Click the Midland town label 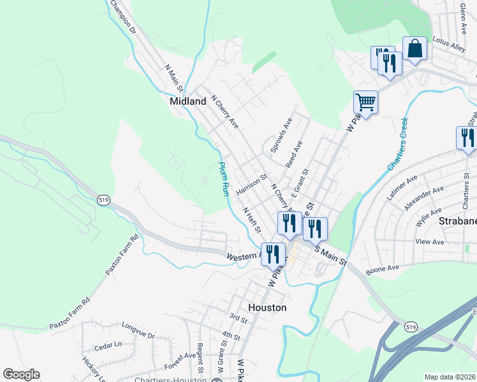pyautogui.click(x=188, y=101)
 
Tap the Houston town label pyautogui.click(x=267, y=307)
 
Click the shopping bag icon pyautogui.click(x=415, y=49)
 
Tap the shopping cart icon pyautogui.click(x=365, y=101)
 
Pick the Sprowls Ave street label pyautogui.click(x=281, y=134)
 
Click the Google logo pyautogui.click(x=21, y=374)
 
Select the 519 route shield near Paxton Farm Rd pyautogui.click(x=103, y=200)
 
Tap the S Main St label pyautogui.click(x=330, y=257)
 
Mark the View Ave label pyautogui.click(x=429, y=243)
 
